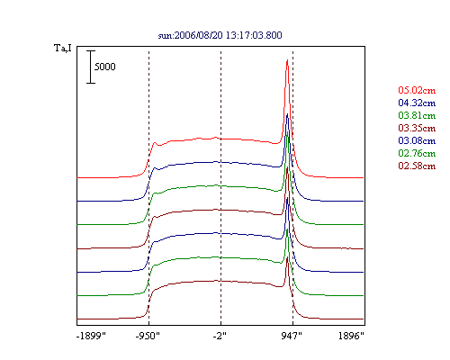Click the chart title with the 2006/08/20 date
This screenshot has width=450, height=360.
pyautogui.click(x=220, y=35)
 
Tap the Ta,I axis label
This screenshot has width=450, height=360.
pyautogui.click(x=63, y=48)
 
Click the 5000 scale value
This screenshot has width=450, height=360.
pyautogui.click(x=105, y=67)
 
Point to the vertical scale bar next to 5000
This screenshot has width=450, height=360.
pyautogui.click(x=91, y=67)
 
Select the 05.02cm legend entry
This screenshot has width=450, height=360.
pyautogui.click(x=417, y=90)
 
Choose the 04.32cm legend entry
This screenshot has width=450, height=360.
pyautogui.click(x=417, y=103)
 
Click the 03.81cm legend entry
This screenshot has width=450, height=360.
pyautogui.click(x=417, y=115)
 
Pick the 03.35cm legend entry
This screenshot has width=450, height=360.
pyautogui.click(x=417, y=128)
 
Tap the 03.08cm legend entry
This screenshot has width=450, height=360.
pyautogui.click(x=417, y=140)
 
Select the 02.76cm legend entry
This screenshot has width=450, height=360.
pyautogui.click(x=417, y=153)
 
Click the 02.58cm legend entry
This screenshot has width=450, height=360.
pyautogui.click(x=417, y=166)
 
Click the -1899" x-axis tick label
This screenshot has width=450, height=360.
pyautogui.click(x=91, y=336)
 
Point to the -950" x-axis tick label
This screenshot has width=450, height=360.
pyautogui.click(x=148, y=336)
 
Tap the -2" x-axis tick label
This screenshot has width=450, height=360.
pyautogui.click(x=220, y=336)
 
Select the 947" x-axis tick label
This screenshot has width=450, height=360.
pyautogui.click(x=292, y=336)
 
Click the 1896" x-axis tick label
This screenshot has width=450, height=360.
pyautogui.click(x=351, y=336)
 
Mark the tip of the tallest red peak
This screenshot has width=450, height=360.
pyautogui.click(x=287, y=59)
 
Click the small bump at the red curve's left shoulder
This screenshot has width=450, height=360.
pyautogui.click(x=155, y=143)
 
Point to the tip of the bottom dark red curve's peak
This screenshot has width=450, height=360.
pyautogui.click(x=287, y=257)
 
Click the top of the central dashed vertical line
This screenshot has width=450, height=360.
pyautogui.click(x=221, y=51)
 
